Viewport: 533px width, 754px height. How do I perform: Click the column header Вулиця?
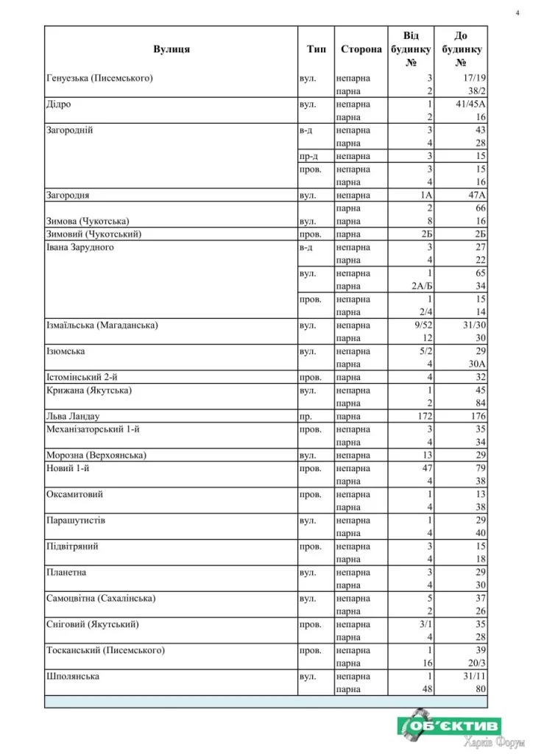(172, 49)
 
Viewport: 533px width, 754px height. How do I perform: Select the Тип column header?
(317, 49)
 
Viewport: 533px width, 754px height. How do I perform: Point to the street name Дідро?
(59, 105)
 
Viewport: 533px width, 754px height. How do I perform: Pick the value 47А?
(476, 195)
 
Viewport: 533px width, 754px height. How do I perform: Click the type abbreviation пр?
(306, 416)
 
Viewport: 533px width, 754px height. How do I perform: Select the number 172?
(421, 416)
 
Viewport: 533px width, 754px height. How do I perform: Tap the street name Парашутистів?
(76, 520)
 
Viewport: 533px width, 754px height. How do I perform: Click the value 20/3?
(476, 663)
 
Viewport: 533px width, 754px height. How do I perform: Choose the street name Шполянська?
(73, 676)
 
